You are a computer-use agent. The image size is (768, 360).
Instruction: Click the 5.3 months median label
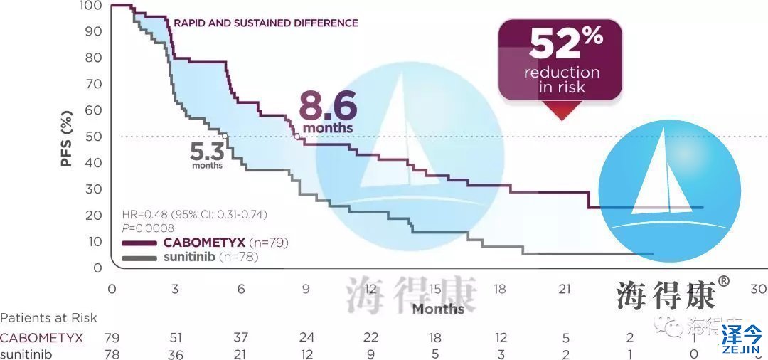pyautogui.click(x=208, y=154)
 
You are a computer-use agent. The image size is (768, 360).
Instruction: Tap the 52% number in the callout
pyautogui.click(x=565, y=44)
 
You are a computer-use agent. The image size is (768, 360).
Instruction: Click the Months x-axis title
pyautogui.click(x=438, y=309)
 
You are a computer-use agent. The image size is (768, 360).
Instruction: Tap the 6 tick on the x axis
pyautogui.click(x=241, y=289)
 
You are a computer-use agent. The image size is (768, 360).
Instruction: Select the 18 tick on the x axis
pyautogui.click(x=501, y=289)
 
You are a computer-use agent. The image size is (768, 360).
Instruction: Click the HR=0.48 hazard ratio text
pyautogui.click(x=194, y=214)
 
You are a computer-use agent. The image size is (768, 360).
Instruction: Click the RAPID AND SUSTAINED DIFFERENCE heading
pyautogui.click(x=266, y=23)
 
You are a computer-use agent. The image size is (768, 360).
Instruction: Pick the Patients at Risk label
pyautogui.click(x=48, y=318)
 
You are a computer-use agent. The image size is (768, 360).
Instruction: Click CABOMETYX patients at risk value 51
pyautogui.click(x=176, y=337)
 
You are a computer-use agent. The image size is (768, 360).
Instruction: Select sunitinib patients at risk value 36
pyautogui.click(x=176, y=354)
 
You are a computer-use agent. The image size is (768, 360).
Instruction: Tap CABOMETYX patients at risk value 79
pyautogui.click(x=111, y=337)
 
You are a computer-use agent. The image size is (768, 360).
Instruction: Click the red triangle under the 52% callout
pyautogui.click(x=561, y=110)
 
